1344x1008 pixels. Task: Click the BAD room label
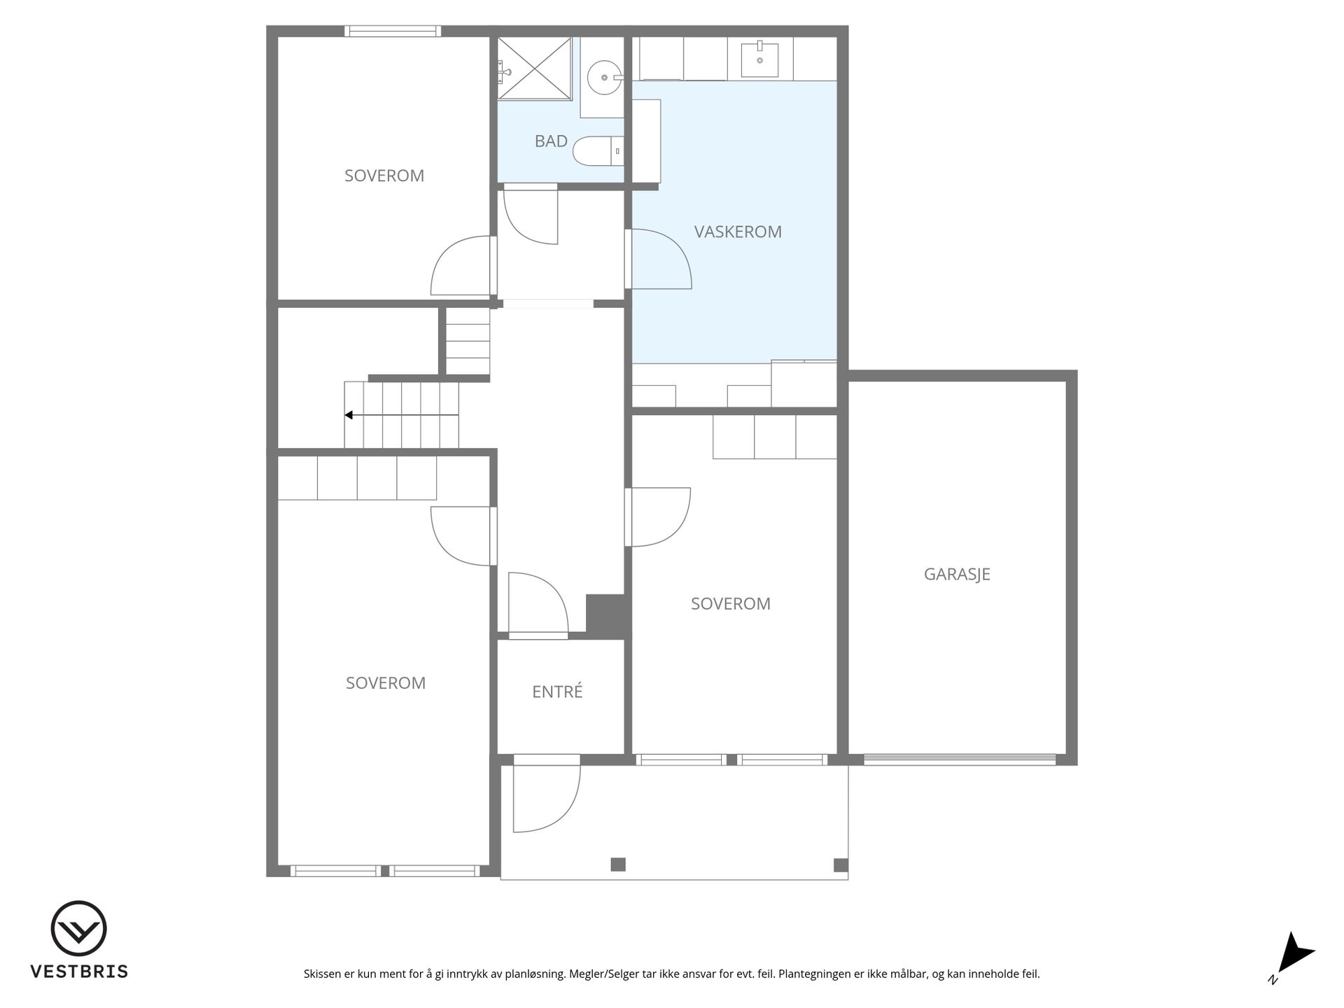click(551, 141)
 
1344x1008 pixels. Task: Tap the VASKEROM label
click(738, 232)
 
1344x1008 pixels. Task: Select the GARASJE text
click(957, 574)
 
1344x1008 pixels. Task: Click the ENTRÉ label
click(557, 692)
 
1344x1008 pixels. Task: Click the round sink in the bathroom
click(603, 78)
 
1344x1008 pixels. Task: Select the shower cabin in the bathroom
click(534, 69)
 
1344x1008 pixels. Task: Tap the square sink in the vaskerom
click(759, 60)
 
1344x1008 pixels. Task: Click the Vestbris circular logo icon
click(78, 928)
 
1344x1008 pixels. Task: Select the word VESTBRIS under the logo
click(79, 972)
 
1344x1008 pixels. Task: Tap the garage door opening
click(960, 759)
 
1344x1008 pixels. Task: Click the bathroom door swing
click(531, 214)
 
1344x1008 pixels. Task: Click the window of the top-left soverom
click(393, 31)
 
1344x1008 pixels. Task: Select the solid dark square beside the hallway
click(605, 616)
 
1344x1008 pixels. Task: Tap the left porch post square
click(618, 864)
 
